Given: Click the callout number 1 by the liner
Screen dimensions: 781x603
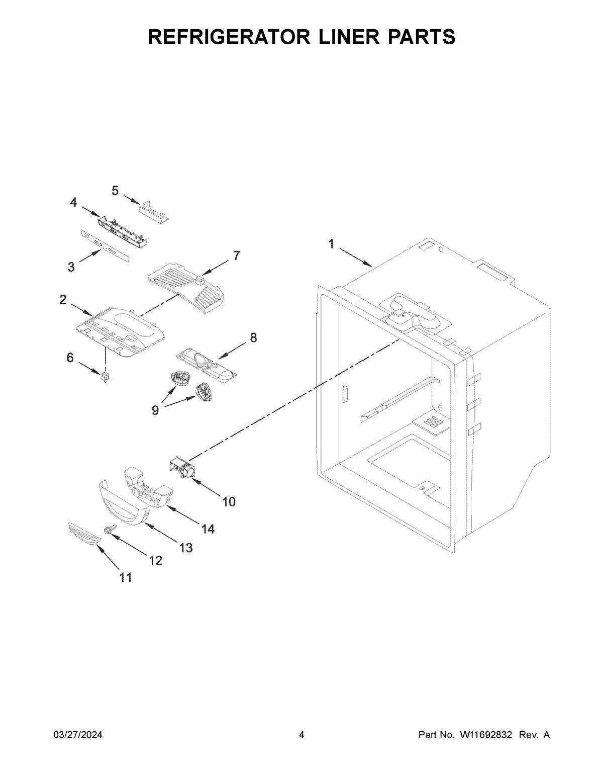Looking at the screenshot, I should [x=331, y=244].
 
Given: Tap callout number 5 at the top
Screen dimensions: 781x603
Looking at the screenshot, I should [x=115, y=191].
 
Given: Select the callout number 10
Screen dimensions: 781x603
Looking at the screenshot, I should [x=229, y=501].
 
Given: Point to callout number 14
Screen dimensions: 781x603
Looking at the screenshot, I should [x=208, y=529].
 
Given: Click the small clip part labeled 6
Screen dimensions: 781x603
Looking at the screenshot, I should [x=105, y=377].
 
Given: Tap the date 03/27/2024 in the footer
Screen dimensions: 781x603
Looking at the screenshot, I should [x=78, y=735].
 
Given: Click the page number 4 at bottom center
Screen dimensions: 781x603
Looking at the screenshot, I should [x=301, y=735].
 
